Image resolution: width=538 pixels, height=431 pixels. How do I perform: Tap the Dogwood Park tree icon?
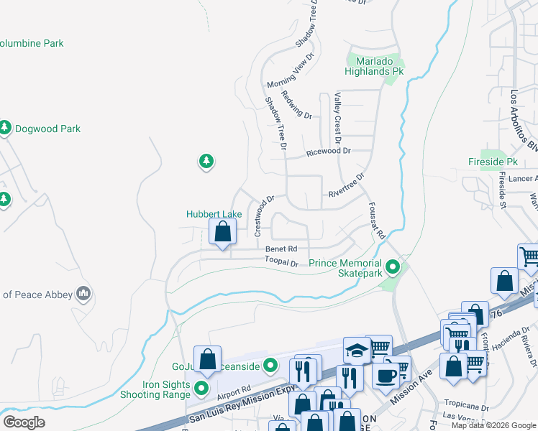[x=5, y=129]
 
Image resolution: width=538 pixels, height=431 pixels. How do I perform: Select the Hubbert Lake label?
[x=214, y=214]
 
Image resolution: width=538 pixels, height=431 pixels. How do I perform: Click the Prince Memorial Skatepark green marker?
[x=393, y=269]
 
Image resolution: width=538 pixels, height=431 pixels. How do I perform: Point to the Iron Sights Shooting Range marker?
[x=202, y=389]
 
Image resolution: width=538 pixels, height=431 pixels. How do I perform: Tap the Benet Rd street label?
[x=281, y=249]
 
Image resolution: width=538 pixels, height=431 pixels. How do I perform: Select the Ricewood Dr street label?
[x=328, y=152]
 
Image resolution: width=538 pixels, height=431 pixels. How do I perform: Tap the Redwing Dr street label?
[x=296, y=105]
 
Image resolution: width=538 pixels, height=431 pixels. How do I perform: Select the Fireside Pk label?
[x=493, y=162]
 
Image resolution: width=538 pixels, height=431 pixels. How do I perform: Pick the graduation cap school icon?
[x=356, y=350]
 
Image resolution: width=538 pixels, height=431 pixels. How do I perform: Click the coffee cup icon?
[x=386, y=375]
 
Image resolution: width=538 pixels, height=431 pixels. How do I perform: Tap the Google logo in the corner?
[x=24, y=422]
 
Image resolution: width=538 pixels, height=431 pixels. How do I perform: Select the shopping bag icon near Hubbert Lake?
[x=223, y=232]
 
